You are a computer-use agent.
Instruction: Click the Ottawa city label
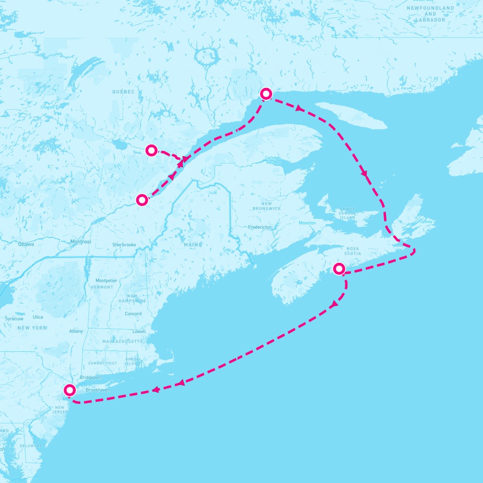coord(26,244)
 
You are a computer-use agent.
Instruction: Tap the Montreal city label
coord(80,242)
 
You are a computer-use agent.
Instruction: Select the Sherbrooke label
coord(124,245)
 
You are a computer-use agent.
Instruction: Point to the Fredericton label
coord(260,227)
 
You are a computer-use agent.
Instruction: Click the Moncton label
coord(307,223)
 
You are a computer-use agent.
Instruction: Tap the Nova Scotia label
coord(353,251)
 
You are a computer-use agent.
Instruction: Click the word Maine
coord(193,245)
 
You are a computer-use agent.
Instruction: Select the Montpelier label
coord(106,281)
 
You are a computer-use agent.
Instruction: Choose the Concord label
coord(133,314)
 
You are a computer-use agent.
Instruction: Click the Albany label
coord(76,331)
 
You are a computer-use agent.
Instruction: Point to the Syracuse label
coord(14,319)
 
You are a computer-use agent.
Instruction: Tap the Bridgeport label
coord(91,378)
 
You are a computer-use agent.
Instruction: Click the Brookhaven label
coord(97,390)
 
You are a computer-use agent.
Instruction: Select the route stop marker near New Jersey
coord(70,390)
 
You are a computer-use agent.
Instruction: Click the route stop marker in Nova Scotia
coord(339,268)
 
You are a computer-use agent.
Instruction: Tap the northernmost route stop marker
coord(266,94)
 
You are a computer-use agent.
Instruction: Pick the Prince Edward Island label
coord(347,213)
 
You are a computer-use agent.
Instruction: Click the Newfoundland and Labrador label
coord(430,14)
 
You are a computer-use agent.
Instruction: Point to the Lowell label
coord(139,331)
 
